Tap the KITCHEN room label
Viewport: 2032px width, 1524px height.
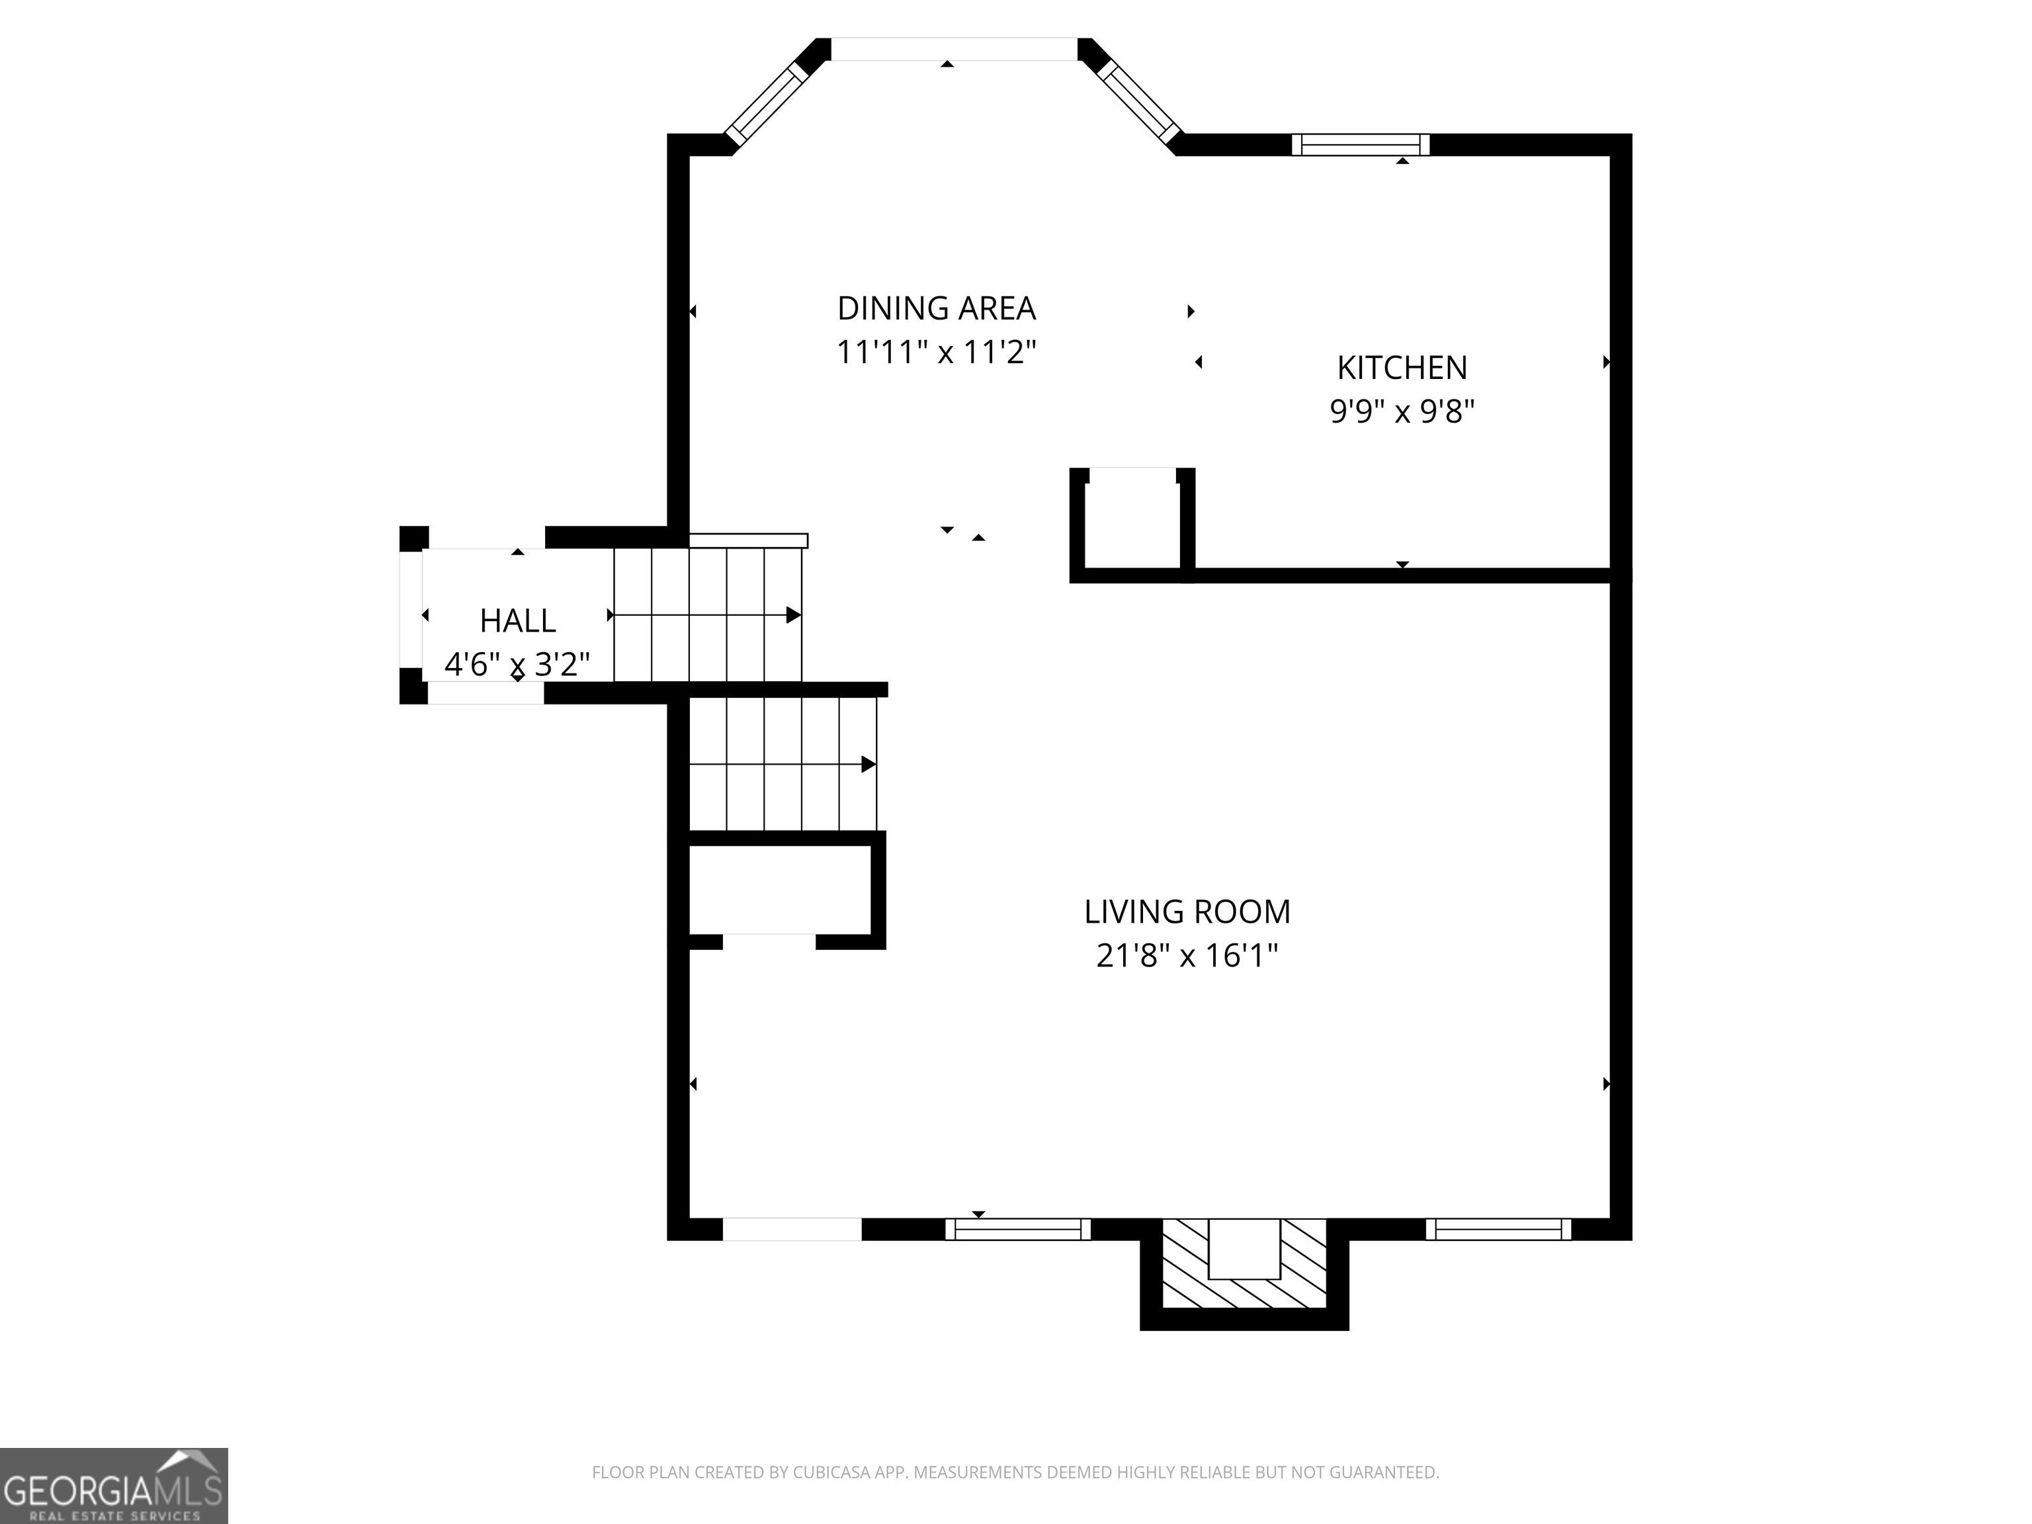(1402, 368)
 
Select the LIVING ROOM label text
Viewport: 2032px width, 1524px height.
(1187, 911)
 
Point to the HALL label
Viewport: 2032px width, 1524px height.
(517, 621)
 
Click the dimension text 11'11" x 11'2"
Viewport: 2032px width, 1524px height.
(936, 352)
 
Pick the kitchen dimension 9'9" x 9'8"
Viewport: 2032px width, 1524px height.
(1402, 411)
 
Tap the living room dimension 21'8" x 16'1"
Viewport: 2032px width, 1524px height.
(1187, 955)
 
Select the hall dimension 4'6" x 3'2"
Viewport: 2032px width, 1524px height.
(517, 663)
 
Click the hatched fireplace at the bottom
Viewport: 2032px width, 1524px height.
(1245, 1263)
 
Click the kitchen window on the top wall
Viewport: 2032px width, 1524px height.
(1361, 144)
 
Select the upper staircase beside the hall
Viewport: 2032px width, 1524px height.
(707, 614)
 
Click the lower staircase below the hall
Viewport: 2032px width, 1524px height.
(783, 764)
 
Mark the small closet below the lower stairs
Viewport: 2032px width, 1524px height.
(780, 889)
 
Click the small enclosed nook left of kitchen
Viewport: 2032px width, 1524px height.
(1132, 519)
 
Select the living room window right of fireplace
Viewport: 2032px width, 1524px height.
(1498, 1229)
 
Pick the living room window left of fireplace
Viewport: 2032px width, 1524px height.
(1018, 1229)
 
